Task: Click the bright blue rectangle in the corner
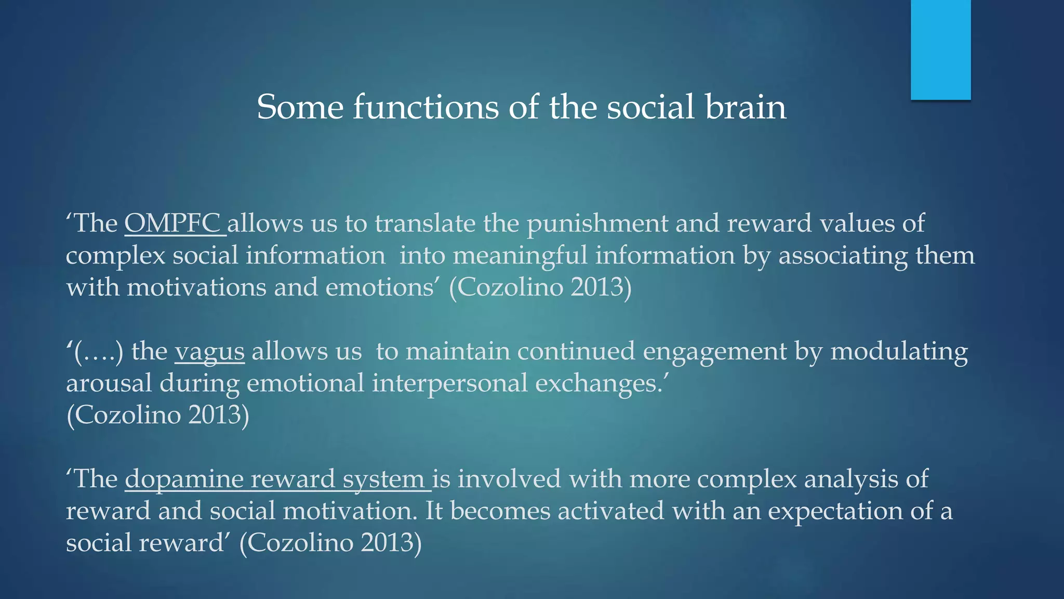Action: [x=940, y=49]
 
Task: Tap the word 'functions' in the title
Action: [x=425, y=107]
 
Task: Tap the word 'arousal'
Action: [x=109, y=384]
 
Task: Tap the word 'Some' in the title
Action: [x=300, y=107]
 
